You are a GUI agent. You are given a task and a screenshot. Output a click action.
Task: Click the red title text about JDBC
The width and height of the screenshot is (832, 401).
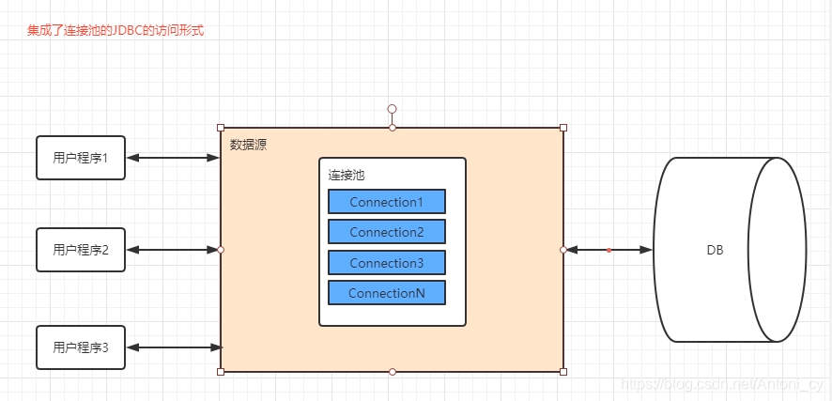(x=116, y=30)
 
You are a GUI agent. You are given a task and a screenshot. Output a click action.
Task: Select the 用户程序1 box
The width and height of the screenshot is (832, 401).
(x=81, y=158)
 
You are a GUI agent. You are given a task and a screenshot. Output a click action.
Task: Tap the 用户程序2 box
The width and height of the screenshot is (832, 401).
(x=81, y=250)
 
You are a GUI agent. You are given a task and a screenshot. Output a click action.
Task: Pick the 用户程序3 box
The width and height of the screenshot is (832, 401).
(x=81, y=347)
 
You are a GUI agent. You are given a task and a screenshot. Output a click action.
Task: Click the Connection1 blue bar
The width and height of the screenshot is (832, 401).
(x=386, y=202)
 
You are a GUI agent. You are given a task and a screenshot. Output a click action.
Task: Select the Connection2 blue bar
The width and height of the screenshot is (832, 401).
(x=386, y=232)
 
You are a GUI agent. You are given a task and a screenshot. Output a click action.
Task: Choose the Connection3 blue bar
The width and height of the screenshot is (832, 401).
(x=386, y=263)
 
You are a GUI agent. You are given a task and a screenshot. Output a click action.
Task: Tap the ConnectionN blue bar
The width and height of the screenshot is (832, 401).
(x=386, y=293)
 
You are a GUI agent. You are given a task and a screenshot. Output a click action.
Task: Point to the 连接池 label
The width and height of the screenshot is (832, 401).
(x=346, y=175)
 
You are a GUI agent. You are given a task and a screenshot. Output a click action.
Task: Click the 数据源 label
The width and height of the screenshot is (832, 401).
(x=248, y=145)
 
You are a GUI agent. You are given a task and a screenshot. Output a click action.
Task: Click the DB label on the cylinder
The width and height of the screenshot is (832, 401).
(x=715, y=250)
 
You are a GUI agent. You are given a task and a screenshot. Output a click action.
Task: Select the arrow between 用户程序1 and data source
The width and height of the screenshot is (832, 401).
(x=173, y=158)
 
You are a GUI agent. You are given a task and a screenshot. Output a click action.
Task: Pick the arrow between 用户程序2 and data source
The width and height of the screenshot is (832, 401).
(x=173, y=250)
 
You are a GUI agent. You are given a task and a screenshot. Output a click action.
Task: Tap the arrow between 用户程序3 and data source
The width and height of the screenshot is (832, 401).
(x=173, y=347)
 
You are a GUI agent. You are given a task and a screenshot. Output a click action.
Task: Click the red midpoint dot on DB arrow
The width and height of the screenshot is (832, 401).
(x=609, y=250)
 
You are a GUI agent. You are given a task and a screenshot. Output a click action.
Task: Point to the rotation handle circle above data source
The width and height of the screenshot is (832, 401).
(x=392, y=109)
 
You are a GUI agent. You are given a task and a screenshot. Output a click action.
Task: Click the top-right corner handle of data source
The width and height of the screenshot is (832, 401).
(x=563, y=128)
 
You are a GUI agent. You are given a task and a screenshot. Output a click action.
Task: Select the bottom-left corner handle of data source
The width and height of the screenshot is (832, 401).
(x=221, y=372)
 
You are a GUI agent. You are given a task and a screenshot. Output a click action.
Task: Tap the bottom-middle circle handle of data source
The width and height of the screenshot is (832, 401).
(x=393, y=372)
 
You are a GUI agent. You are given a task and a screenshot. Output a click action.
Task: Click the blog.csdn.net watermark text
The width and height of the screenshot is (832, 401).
(x=723, y=386)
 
